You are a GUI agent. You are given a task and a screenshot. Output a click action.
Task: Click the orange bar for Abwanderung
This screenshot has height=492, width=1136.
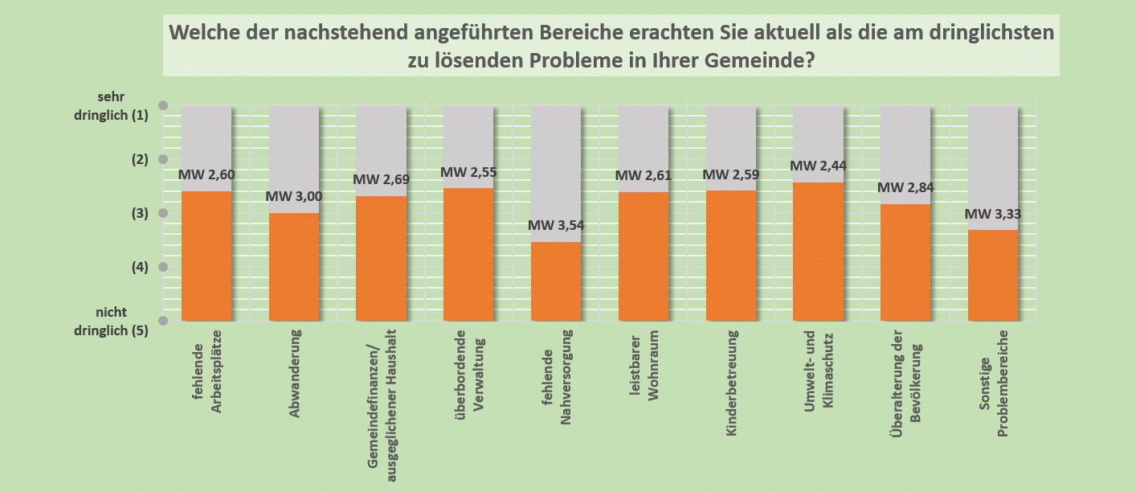pyautogui.click(x=294, y=266)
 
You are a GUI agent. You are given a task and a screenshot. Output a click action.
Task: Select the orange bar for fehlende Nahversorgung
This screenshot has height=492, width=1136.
pyautogui.click(x=556, y=281)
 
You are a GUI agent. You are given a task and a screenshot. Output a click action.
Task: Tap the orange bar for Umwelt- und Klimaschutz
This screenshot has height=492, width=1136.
pyautogui.click(x=818, y=251)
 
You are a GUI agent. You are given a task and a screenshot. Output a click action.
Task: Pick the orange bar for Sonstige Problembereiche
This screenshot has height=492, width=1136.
pyautogui.click(x=993, y=275)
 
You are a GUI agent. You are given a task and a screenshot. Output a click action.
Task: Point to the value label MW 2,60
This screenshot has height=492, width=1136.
pyautogui.click(x=206, y=174)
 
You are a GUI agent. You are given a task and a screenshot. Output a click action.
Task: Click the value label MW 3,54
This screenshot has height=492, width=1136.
pyautogui.click(x=556, y=225)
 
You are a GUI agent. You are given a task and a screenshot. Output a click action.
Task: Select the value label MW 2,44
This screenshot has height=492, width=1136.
pyautogui.click(x=818, y=166)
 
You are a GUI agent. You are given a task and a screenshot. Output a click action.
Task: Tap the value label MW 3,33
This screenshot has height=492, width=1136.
pyautogui.click(x=993, y=214)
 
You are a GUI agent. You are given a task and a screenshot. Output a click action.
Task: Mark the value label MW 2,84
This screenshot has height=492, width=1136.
pyautogui.click(x=905, y=188)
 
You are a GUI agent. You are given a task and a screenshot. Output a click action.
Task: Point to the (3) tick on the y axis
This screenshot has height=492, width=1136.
pyautogui.click(x=139, y=214)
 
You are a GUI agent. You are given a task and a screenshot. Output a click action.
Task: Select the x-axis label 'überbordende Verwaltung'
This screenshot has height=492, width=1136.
pyautogui.click(x=468, y=370)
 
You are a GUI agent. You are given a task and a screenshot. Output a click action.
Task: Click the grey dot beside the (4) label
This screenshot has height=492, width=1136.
pyautogui.click(x=163, y=267)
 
